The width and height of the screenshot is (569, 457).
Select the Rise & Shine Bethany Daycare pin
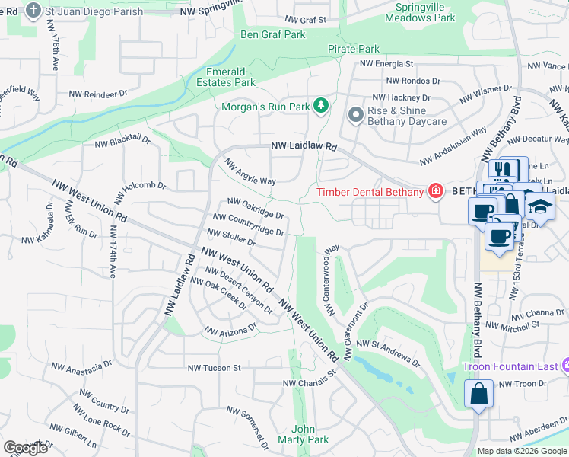354,115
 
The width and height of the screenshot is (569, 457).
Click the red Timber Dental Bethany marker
435,191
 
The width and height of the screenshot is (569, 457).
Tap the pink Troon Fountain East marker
564,366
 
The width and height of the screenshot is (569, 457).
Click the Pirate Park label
354,49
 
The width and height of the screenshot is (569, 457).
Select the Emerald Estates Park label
226,77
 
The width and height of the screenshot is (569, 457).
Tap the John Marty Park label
303,434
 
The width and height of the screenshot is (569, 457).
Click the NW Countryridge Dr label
253,225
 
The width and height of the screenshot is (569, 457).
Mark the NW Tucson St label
214,368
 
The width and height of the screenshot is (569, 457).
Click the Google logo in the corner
25,448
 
